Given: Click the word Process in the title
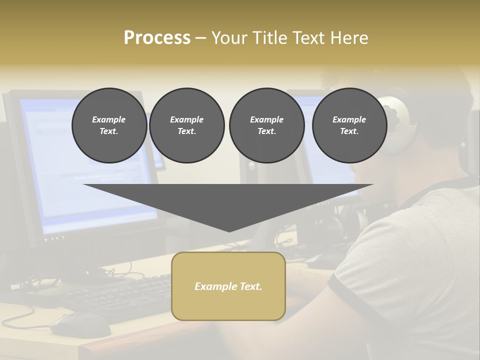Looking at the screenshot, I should (x=157, y=38).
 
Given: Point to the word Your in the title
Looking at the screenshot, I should (x=228, y=38).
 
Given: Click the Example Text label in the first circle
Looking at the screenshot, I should (x=109, y=125).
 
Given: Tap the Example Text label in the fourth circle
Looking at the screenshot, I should (x=349, y=125).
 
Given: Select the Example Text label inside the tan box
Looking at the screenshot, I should (x=228, y=286).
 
